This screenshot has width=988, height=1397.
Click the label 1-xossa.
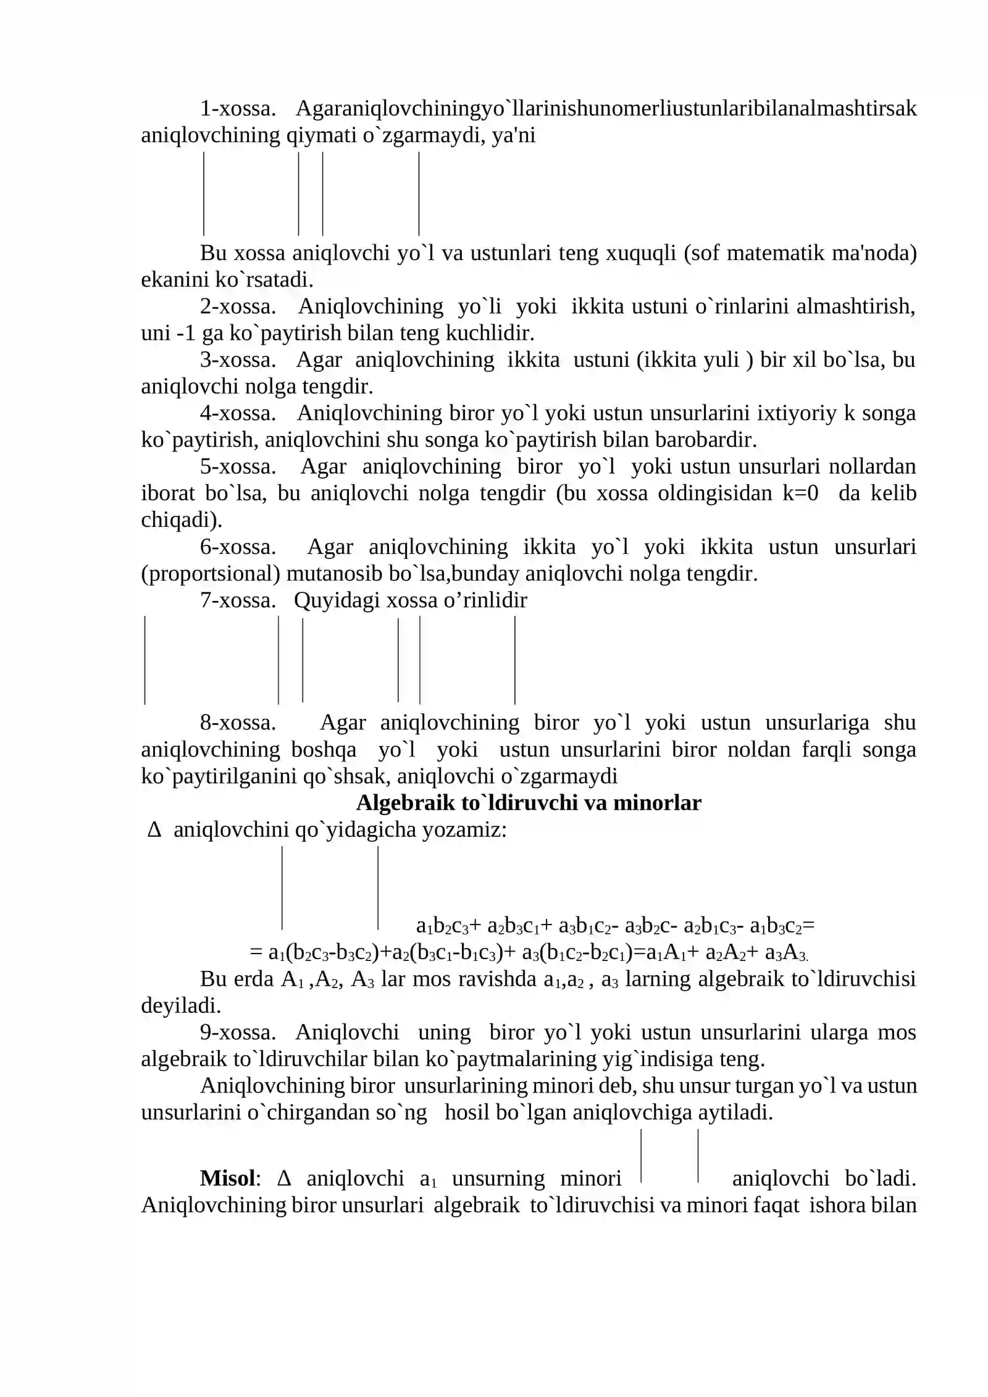click(x=237, y=109)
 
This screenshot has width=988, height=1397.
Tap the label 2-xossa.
click(x=237, y=307)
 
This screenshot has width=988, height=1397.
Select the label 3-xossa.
click(x=237, y=360)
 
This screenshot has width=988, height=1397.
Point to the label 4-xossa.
click(x=237, y=414)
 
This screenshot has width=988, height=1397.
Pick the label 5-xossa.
click(x=237, y=467)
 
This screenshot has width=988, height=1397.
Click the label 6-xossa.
click(x=237, y=547)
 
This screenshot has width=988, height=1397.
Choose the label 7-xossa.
click(x=237, y=600)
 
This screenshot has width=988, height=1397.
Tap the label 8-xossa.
click(x=237, y=723)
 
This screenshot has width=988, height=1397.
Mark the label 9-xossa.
click(x=237, y=1033)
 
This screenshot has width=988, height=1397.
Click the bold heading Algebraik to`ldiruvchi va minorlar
click(x=529, y=803)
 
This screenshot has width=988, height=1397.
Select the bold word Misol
click(x=227, y=1178)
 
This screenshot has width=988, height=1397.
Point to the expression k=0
click(x=799, y=494)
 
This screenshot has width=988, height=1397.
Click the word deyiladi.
click(x=180, y=1006)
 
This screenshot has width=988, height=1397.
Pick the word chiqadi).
click(x=181, y=521)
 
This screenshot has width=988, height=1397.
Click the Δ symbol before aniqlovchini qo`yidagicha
click(x=154, y=830)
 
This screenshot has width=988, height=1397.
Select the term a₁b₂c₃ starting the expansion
click(x=442, y=926)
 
